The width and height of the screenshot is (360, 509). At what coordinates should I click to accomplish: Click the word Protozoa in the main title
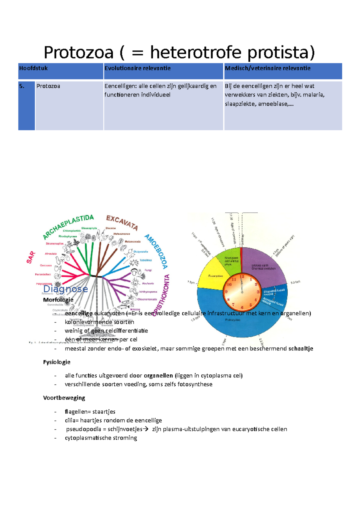click(79, 52)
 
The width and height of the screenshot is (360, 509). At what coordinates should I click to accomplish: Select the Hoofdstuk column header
click(33, 68)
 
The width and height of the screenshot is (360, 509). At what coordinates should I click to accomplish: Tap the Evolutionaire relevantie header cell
click(137, 68)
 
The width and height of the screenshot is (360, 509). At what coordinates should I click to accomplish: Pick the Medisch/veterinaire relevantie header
click(268, 68)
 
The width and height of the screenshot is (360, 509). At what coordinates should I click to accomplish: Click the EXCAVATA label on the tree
click(122, 222)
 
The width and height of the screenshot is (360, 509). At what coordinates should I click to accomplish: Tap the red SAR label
click(31, 257)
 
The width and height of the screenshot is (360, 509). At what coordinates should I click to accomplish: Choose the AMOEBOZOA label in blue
click(156, 251)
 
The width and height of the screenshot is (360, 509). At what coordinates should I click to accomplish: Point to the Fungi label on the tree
click(148, 270)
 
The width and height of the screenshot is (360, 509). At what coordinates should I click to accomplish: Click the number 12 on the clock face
click(242, 277)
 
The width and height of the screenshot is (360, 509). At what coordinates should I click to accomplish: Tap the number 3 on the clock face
click(258, 292)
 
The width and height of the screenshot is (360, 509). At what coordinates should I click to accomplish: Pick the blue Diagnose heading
click(65, 289)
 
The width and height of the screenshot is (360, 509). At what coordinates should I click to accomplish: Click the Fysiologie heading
click(57, 362)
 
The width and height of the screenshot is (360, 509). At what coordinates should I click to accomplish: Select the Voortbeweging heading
click(64, 398)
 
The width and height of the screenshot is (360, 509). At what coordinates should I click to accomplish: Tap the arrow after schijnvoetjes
click(146, 429)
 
